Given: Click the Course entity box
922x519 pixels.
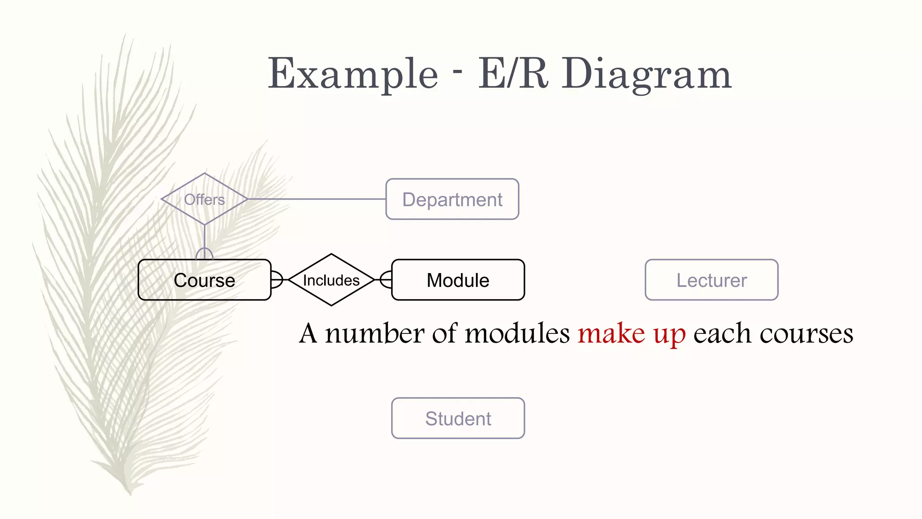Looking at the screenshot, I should pyautogui.click(x=204, y=280).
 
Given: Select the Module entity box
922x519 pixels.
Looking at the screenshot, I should pyautogui.click(x=458, y=280).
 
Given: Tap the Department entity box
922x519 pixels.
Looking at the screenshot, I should pyautogui.click(x=452, y=199).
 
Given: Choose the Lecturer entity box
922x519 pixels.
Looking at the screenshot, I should pyautogui.click(x=711, y=280).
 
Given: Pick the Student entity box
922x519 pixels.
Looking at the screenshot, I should pyautogui.click(x=458, y=418).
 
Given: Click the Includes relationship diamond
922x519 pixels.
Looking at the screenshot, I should pyautogui.click(x=331, y=280).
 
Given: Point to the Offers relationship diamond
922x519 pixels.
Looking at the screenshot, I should pyautogui.click(x=204, y=199).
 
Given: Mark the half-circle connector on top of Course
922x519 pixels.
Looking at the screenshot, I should pyautogui.click(x=204, y=254).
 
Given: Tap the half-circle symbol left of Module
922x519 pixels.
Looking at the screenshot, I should pyautogui.click(x=386, y=279).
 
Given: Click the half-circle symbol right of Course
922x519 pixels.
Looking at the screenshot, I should pyautogui.click(x=276, y=279).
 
